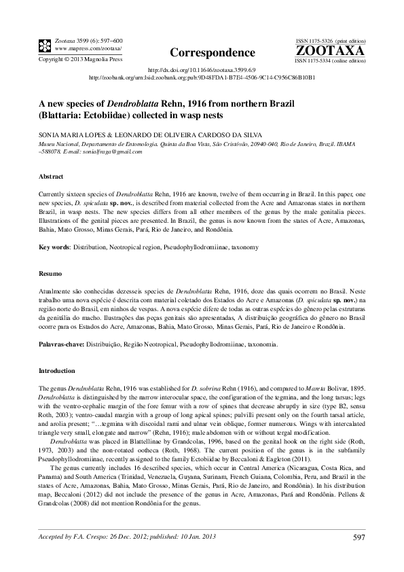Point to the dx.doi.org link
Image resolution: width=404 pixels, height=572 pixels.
coord(202,69)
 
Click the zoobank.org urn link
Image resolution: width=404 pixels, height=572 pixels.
coord(202,77)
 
